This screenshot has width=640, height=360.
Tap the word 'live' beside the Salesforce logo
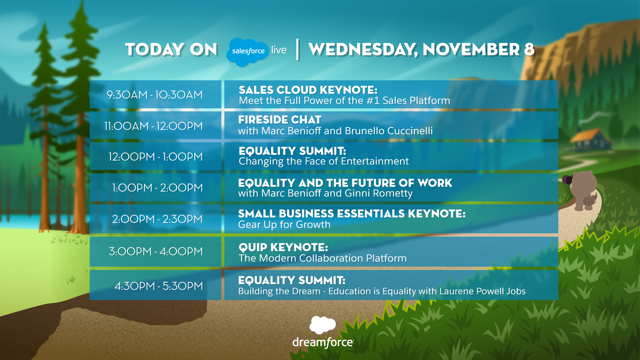(x=279, y=50)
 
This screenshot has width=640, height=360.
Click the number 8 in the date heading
(x=529, y=49)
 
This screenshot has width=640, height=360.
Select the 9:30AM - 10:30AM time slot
(x=155, y=95)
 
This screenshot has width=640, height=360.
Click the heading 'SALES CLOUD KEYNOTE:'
(x=308, y=90)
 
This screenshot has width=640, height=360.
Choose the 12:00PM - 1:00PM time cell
(x=155, y=157)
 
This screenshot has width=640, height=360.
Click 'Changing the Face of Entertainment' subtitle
(x=324, y=161)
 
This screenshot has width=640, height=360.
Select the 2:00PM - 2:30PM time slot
(x=157, y=219)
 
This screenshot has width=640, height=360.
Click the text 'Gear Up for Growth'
(x=284, y=225)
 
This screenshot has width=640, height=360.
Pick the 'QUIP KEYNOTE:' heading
(x=283, y=247)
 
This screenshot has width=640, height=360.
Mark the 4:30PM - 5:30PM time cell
(x=158, y=286)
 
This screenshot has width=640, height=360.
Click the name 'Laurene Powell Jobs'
(x=482, y=291)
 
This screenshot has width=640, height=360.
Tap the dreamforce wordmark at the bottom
(x=323, y=342)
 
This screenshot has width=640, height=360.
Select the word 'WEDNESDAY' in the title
(x=363, y=50)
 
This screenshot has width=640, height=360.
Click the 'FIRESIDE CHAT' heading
(x=280, y=120)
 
